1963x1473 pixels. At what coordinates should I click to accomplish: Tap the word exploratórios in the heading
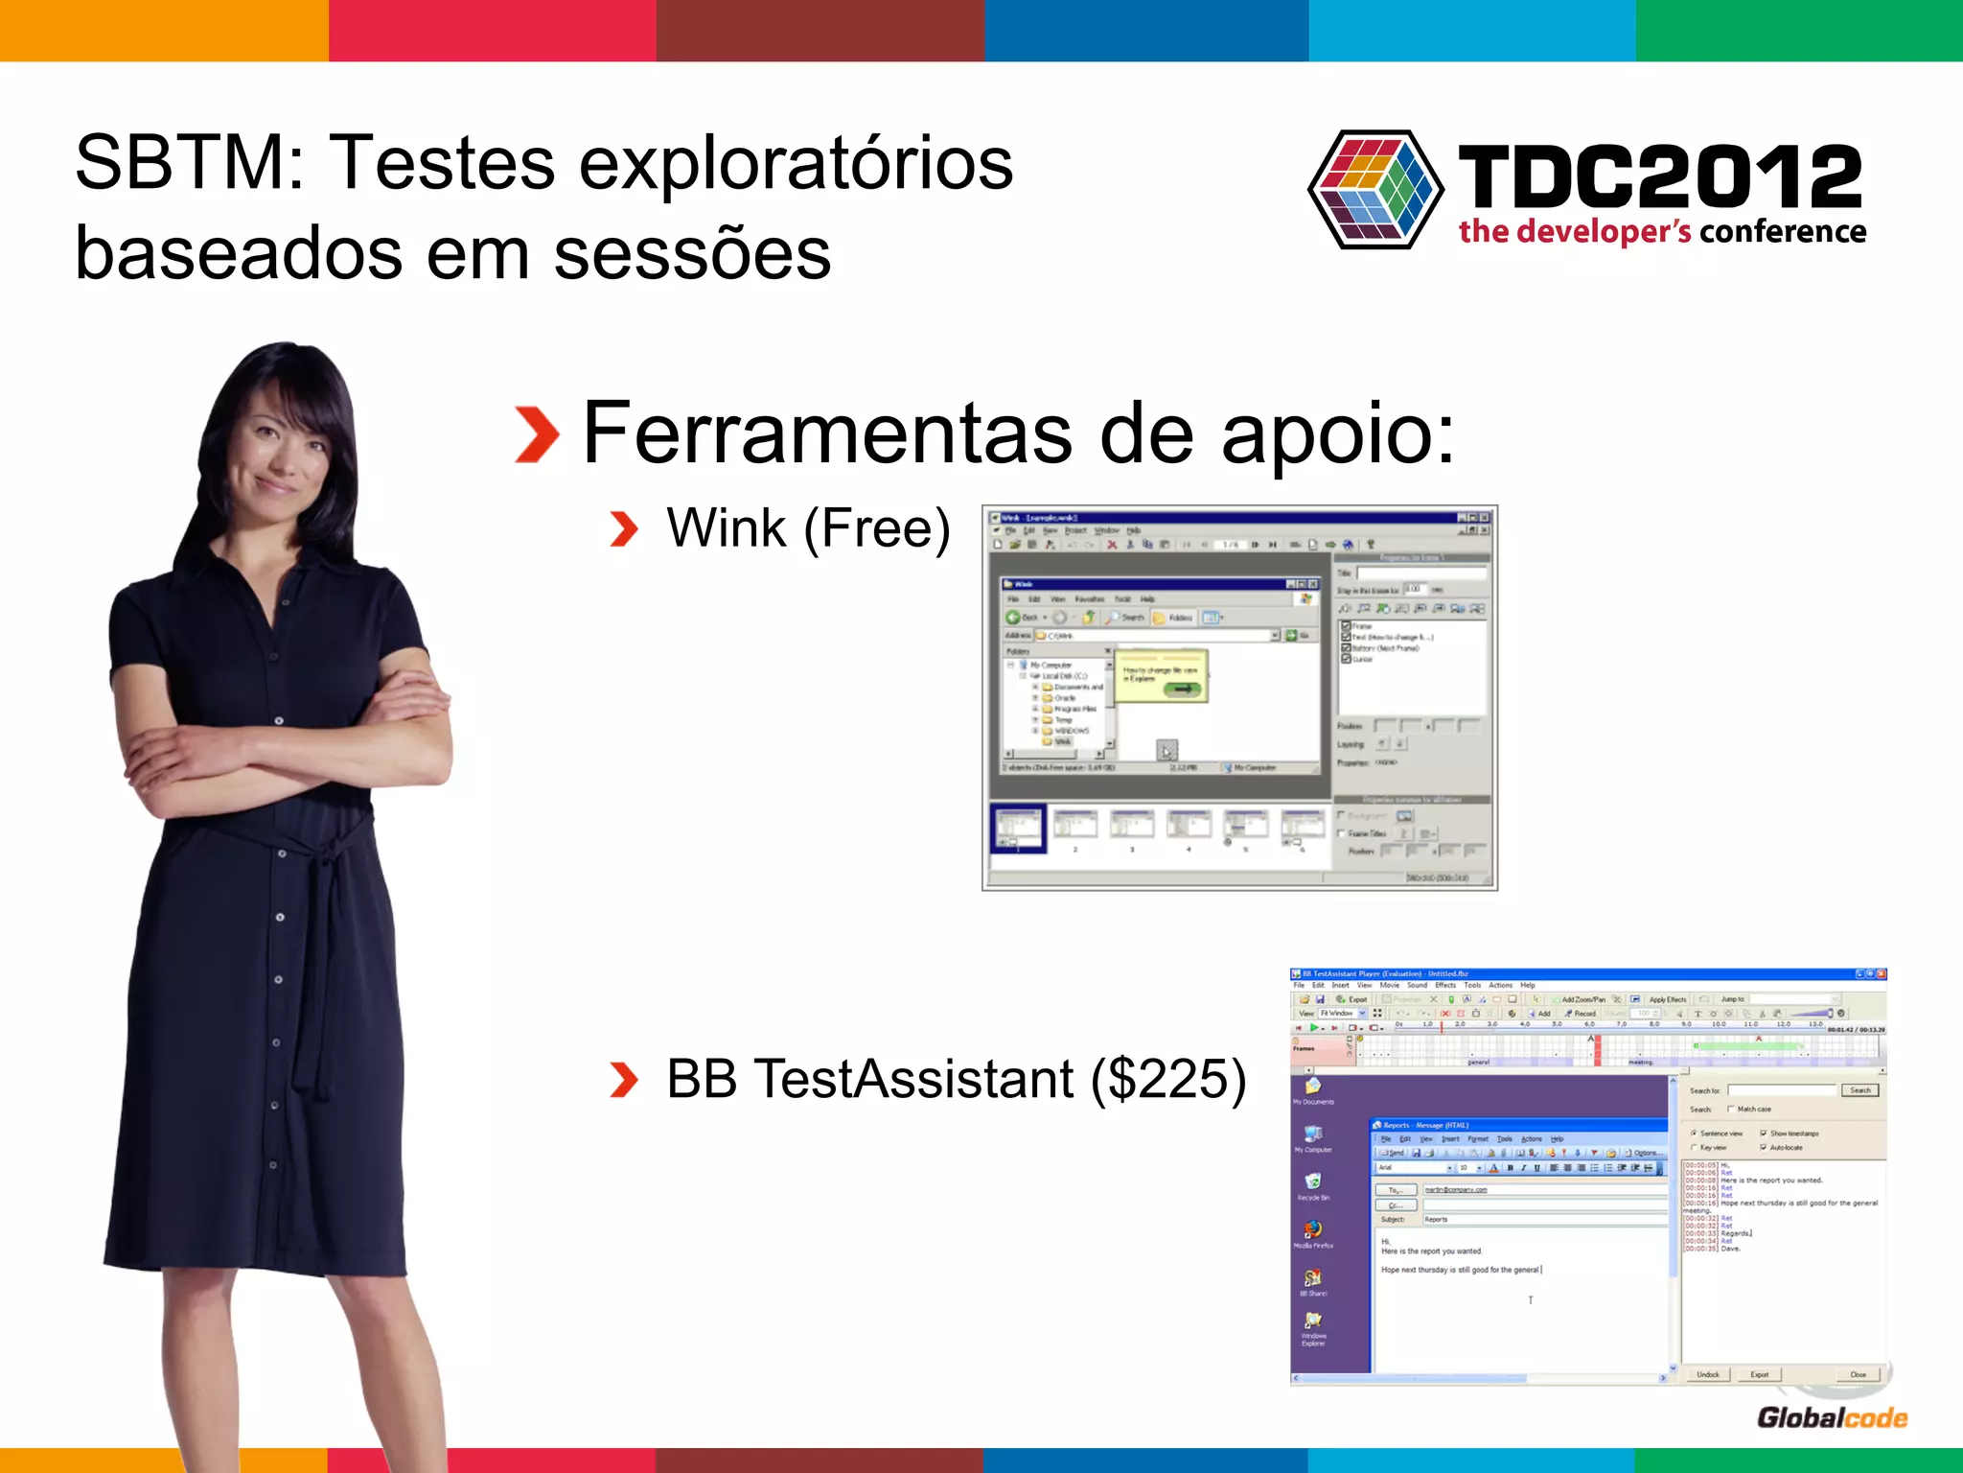(x=796, y=163)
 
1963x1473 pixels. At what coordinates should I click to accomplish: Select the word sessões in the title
(x=692, y=254)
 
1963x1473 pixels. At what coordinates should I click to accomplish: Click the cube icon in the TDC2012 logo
(x=1376, y=189)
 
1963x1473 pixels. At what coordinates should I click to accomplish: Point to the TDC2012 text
(x=1659, y=176)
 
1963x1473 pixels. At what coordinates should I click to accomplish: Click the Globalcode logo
(x=1832, y=1417)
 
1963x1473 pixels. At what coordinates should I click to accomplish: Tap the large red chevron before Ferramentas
(x=537, y=434)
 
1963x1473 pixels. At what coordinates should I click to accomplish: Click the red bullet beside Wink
(x=624, y=528)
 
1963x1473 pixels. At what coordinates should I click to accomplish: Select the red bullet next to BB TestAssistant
(x=624, y=1080)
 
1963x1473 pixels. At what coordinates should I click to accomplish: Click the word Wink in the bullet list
(x=727, y=528)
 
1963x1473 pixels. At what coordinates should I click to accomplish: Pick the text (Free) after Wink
(x=877, y=528)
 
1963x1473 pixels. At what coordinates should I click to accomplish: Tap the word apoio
(x=1338, y=434)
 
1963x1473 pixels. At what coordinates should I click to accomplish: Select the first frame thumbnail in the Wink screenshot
(x=1017, y=827)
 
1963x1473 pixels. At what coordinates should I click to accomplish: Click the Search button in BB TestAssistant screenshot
(x=1859, y=1090)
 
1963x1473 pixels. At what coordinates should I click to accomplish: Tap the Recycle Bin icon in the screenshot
(x=1313, y=1181)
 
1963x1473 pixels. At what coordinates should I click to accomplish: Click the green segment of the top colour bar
(x=1799, y=31)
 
